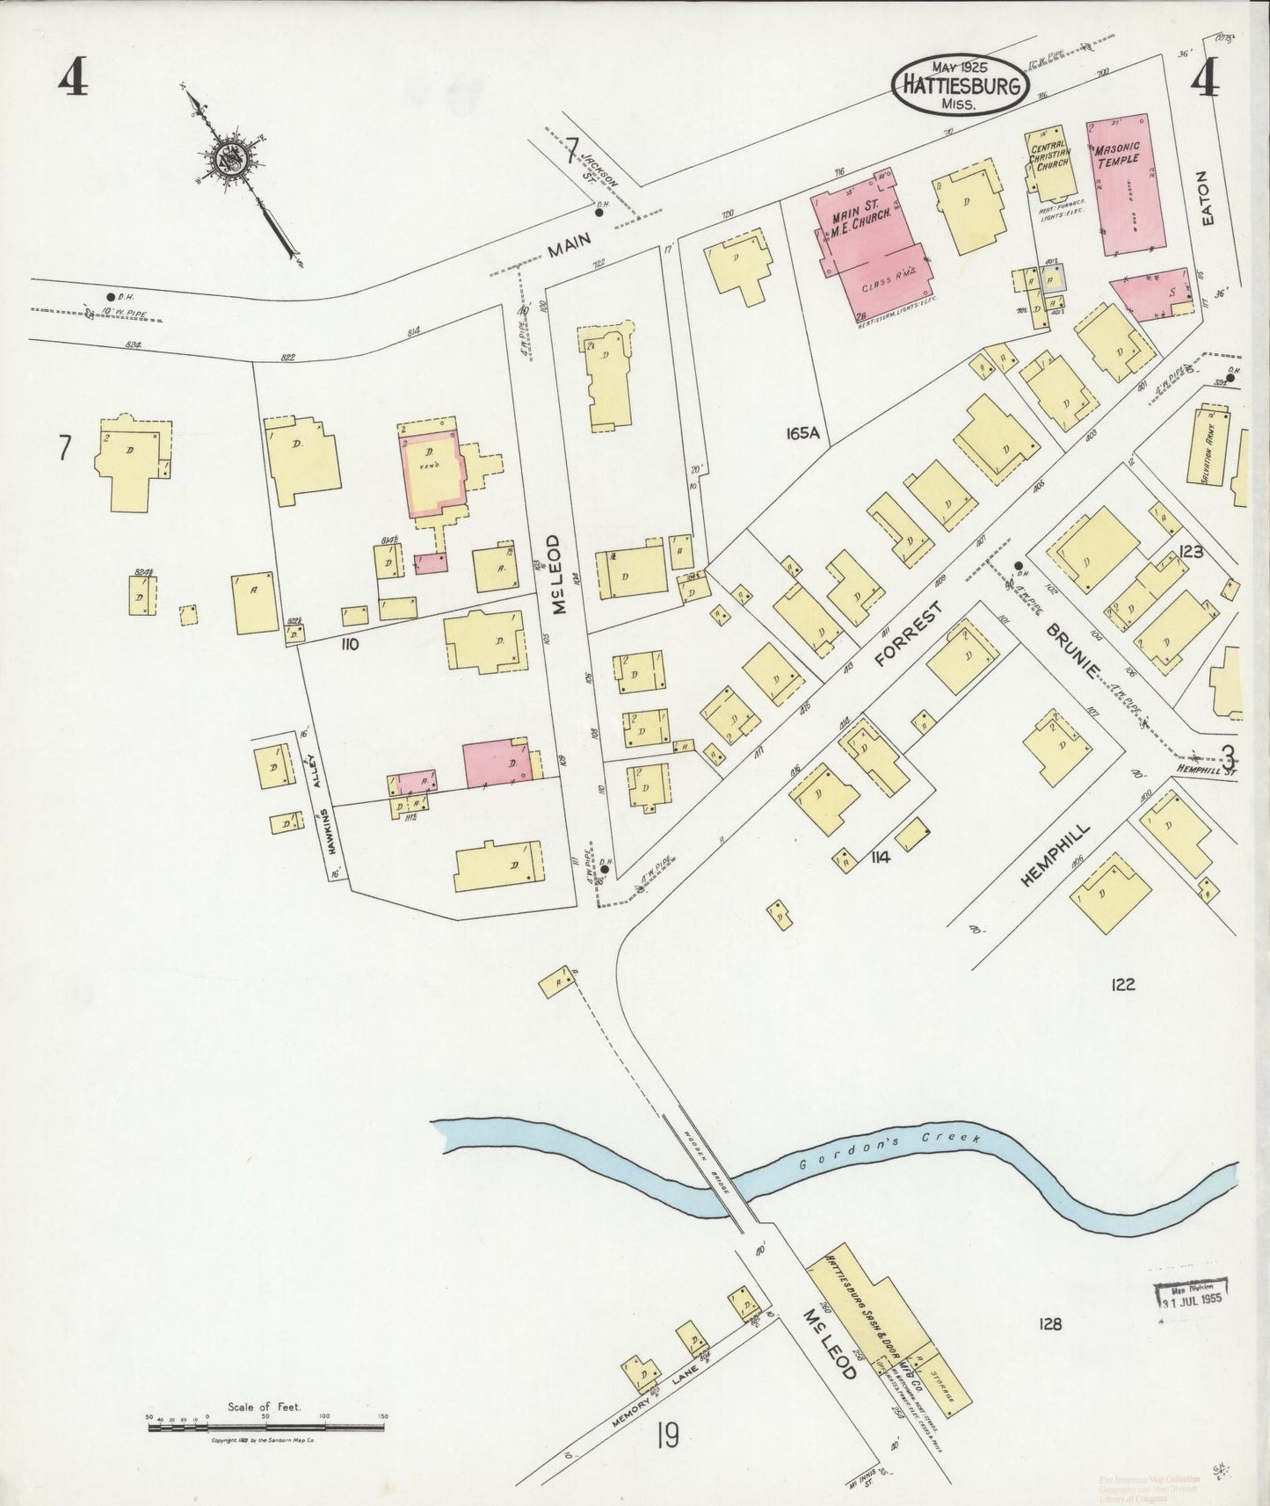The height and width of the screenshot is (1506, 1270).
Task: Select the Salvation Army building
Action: coord(1210,447)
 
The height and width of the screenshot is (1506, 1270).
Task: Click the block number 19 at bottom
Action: coord(667,1437)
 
